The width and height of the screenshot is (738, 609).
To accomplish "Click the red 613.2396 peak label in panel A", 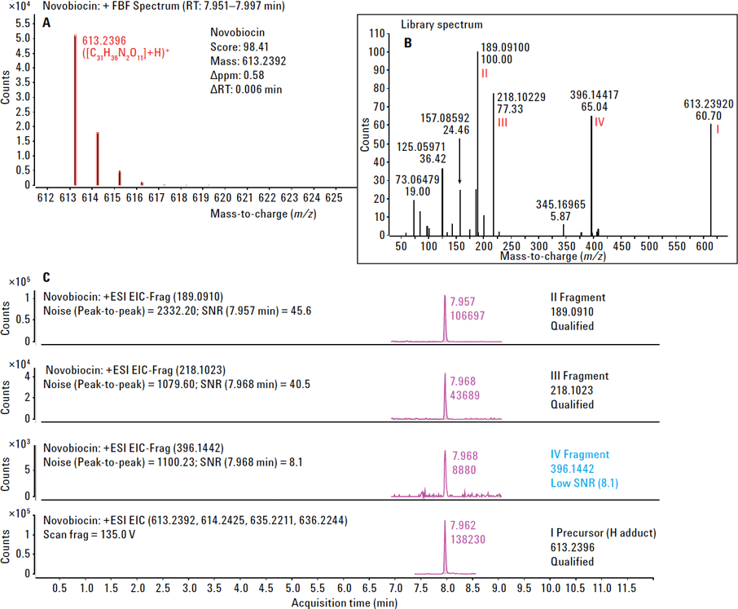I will (x=105, y=40).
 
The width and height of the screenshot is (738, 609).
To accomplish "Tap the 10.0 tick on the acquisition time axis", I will (x=551, y=587).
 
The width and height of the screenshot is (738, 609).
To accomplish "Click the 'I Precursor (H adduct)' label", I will (x=603, y=533).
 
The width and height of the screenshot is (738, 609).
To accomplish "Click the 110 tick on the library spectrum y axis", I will (x=376, y=33).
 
